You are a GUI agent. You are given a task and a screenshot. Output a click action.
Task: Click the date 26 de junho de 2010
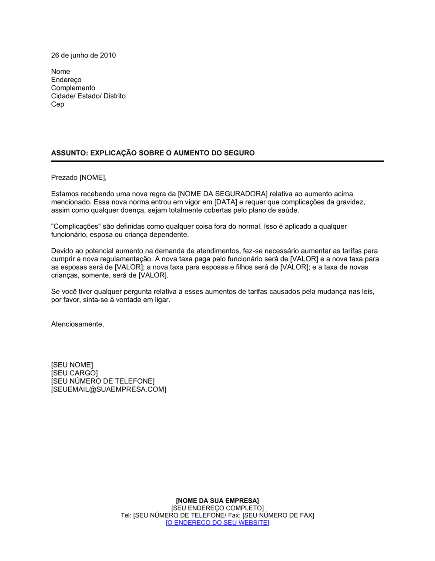tap(84, 55)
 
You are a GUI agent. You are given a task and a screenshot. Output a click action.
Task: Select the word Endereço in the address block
tap(66, 80)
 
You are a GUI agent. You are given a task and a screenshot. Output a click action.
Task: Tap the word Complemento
tap(73, 88)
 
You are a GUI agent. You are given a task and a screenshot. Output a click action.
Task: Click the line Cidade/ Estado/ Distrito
tap(88, 96)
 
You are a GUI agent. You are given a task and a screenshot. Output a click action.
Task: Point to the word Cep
tap(57, 104)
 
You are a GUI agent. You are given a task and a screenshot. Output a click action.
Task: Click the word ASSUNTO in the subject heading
tap(68, 153)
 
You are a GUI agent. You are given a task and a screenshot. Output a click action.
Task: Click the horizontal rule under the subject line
tap(217, 161)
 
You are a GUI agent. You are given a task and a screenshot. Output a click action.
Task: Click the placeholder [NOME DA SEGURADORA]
tap(223, 194)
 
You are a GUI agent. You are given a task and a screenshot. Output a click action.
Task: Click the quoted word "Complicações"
tap(76, 227)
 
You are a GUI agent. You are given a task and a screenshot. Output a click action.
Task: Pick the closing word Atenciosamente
tap(77, 324)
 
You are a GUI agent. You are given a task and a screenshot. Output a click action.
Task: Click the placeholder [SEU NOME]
tap(72, 365)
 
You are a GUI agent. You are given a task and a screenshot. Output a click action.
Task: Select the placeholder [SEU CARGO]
tap(74, 373)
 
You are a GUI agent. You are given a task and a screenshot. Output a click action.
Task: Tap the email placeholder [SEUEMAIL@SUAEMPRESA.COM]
tap(109, 390)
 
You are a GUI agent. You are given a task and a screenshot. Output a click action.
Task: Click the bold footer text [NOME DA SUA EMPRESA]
tap(217, 501)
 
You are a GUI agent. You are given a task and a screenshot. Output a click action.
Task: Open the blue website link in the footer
tap(217, 523)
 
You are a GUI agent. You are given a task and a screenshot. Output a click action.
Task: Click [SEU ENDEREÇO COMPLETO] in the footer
tap(217, 508)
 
